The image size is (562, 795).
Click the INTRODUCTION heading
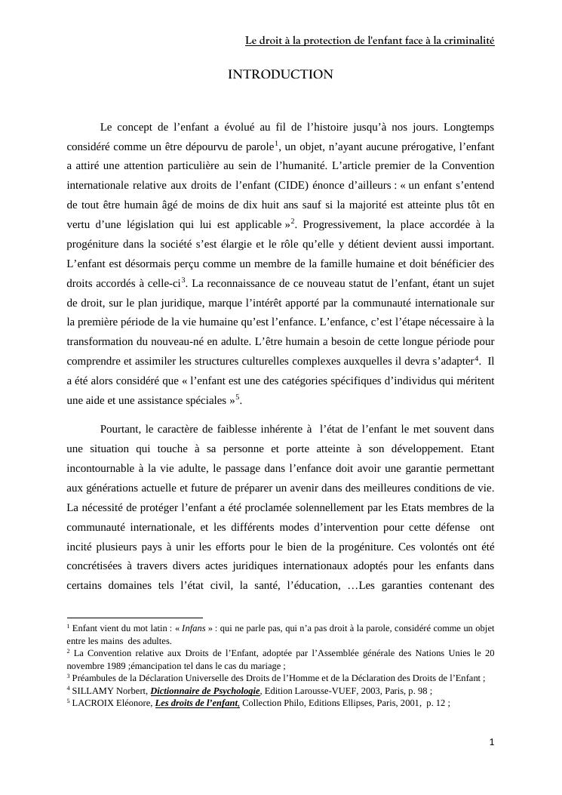(280, 74)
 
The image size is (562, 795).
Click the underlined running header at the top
(370, 41)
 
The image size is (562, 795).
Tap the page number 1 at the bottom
(492, 742)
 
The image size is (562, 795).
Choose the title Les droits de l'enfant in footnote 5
(198, 703)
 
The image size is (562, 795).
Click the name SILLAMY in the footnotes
(92, 690)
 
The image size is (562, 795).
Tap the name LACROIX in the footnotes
(92, 703)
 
